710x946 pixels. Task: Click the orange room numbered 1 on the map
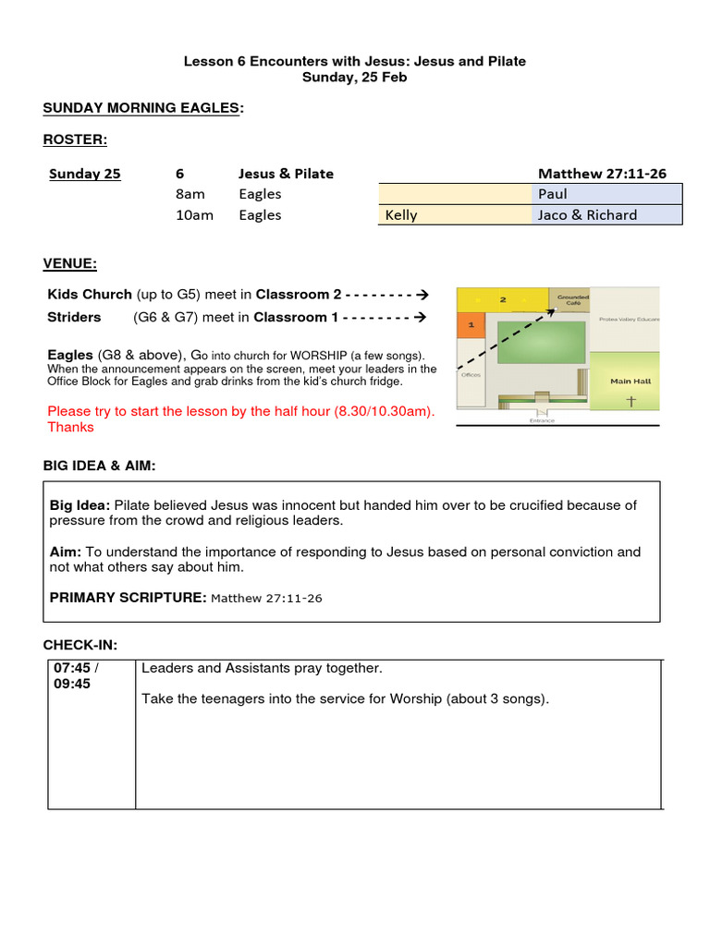click(471, 325)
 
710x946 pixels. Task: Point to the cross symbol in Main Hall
click(631, 401)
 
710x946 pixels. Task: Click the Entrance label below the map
click(542, 420)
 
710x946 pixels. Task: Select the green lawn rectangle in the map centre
click(542, 343)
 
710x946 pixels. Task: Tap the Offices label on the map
click(470, 375)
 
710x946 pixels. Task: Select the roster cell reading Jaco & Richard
click(606, 215)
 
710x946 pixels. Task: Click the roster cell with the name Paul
click(606, 194)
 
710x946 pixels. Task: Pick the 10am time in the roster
click(195, 215)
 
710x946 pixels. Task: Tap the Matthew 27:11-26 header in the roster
click(602, 173)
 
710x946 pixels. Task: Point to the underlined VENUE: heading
click(70, 263)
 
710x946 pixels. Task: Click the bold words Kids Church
click(90, 295)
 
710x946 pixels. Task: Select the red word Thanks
click(70, 427)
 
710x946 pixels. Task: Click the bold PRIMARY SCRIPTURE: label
click(128, 598)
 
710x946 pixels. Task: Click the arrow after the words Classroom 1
click(420, 317)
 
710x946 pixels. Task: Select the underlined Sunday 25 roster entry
click(84, 174)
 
